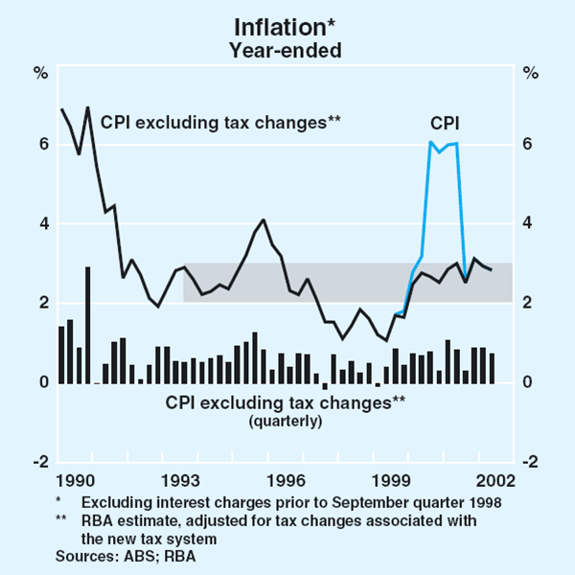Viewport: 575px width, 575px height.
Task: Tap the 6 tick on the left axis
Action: coord(42,145)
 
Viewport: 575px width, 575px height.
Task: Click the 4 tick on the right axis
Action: coord(527,224)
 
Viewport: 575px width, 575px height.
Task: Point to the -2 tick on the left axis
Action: coord(40,462)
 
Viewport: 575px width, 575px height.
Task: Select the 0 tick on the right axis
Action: coord(527,382)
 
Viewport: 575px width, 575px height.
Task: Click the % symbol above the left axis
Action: coord(41,71)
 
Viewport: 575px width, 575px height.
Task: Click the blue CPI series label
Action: coord(443,122)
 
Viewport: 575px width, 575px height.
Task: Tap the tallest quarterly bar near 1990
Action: coord(88,325)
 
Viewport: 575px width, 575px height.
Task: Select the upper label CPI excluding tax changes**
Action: coord(221,121)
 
